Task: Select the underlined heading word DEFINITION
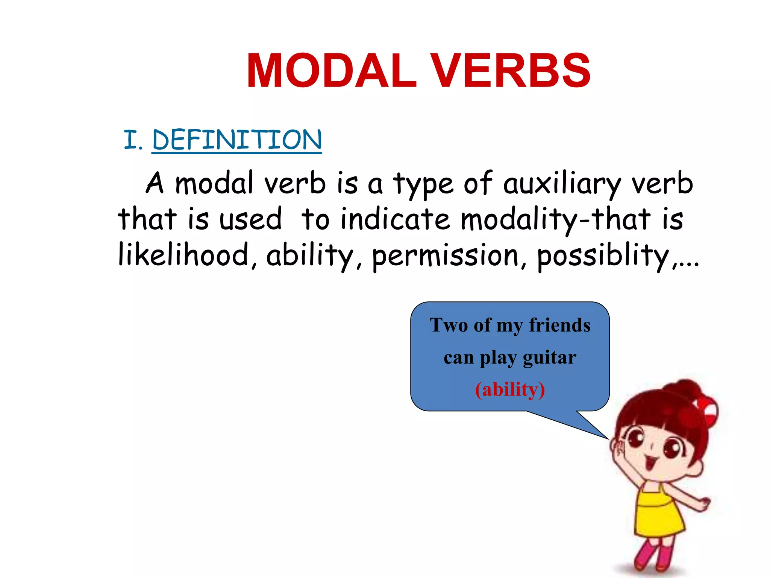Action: [237, 140]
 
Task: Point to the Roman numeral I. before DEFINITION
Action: [132, 140]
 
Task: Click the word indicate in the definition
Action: [395, 219]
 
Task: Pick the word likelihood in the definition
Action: [183, 255]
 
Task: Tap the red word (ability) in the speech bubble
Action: [510, 390]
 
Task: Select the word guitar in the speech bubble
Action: [549, 358]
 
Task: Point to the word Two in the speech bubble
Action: [449, 325]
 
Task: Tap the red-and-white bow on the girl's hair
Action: [707, 408]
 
